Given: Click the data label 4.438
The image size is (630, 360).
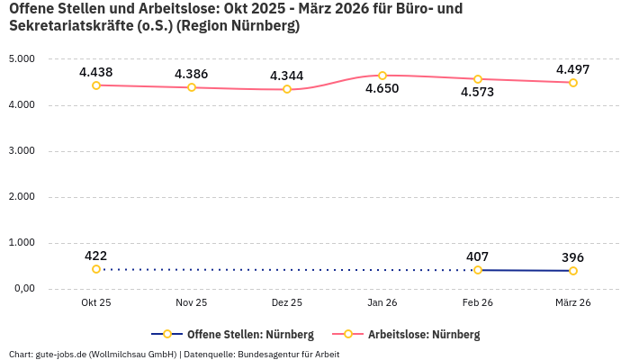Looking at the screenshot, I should (x=96, y=72).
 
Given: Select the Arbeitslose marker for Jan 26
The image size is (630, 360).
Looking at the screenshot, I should (x=382, y=76).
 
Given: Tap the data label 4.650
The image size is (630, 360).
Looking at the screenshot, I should (x=382, y=89).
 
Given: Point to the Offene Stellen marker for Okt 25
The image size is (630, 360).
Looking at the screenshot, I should (x=96, y=269).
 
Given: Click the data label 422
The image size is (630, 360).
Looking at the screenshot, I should (x=96, y=256).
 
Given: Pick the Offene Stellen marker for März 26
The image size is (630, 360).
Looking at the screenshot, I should (x=573, y=271).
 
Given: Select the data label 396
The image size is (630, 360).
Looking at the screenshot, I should (x=573, y=257).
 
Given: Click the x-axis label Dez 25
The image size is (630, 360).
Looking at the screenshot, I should (x=287, y=302).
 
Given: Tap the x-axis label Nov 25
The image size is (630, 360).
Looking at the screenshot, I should (x=192, y=302).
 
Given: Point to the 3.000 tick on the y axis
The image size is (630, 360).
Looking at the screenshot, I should (x=21, y=151).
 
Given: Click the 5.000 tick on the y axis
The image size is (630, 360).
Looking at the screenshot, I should (x=21, y=59).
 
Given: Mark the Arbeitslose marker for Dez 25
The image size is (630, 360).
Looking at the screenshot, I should (x=287, y=89).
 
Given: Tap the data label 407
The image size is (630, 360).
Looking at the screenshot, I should (x=478, y=256).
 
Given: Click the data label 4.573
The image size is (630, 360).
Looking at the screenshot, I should (x=478, y=93).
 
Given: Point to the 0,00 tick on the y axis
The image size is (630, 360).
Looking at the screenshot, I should (x=22, y=289).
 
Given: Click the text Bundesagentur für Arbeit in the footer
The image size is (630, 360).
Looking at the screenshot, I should (x=288, y=354).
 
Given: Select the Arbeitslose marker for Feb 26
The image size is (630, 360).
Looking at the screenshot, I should (x=478, y=79).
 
